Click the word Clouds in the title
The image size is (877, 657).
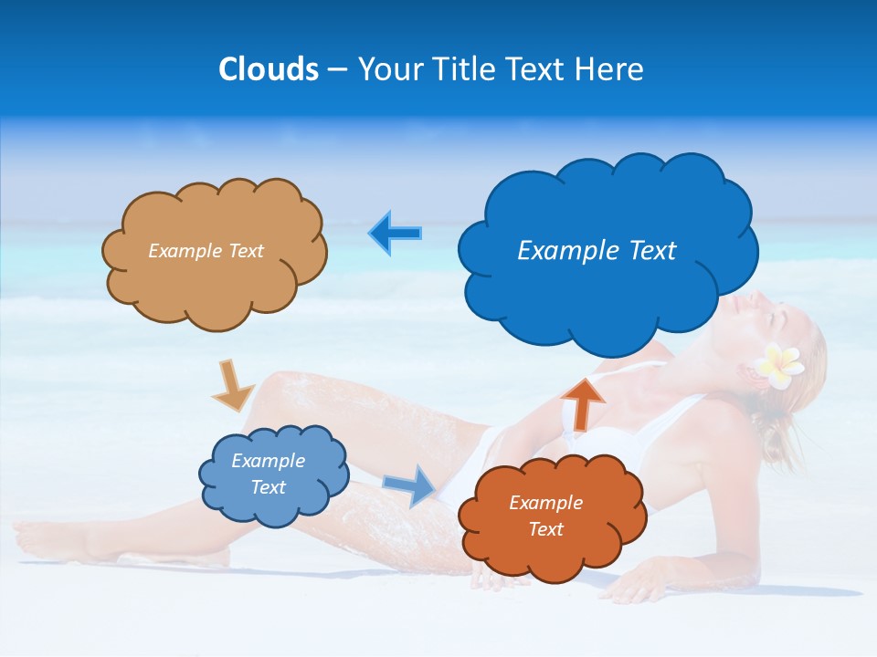(x=269, y=69)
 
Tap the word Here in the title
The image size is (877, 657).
(x=609, y=69)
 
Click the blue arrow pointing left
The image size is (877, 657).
(x=395, y=233)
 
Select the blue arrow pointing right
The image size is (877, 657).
(x=410, y=485)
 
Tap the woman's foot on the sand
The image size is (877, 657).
(x=41, y=538)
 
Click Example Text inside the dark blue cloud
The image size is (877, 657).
(x=597, y=250)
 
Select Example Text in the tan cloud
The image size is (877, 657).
(x=206, y=250)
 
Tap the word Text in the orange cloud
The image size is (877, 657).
(x=545, y=529)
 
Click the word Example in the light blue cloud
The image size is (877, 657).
(x=268, y=461)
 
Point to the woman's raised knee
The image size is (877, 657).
(x=274, y=388)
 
